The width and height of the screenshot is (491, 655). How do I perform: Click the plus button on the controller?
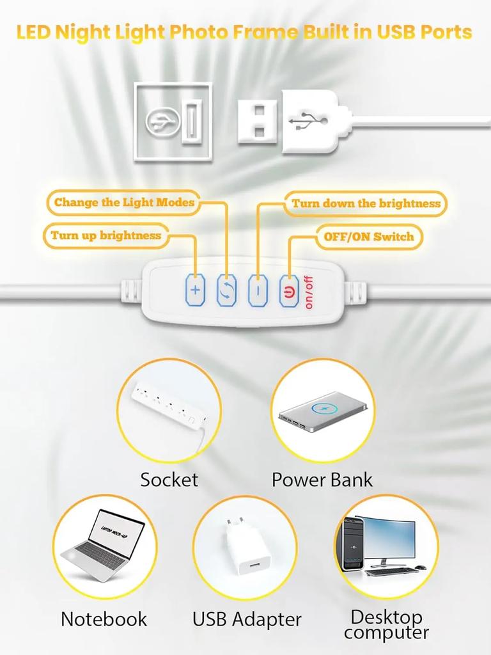click(x=195, y=290)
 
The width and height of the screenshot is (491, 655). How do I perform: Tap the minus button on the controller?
click(x=258, y=290)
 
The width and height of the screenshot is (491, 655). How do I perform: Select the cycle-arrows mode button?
click(x=226, y=290)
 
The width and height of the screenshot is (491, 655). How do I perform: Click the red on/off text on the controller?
click(x=309, y=292)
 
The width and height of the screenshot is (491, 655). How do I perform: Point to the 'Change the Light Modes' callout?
click(x=124, y=203)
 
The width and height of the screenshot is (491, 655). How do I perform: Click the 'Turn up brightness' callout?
click(x=106, y=235)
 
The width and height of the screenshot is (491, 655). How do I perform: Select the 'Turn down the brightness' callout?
click(x=366, y=203)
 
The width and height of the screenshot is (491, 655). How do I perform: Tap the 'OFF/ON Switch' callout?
click(x=369, y=237)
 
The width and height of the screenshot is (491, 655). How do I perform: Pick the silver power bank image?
click(x=324, y=411)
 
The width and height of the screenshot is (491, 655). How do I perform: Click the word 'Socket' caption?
click(x=169, y=480)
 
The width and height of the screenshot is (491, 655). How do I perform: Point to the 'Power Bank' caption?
click(x=322, y=480)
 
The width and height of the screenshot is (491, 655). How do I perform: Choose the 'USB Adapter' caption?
click(x=247, y=619)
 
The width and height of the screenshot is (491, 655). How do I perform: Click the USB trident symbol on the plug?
click(x=309, y=122)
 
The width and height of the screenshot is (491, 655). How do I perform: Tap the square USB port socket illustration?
click(x=173, y=122)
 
